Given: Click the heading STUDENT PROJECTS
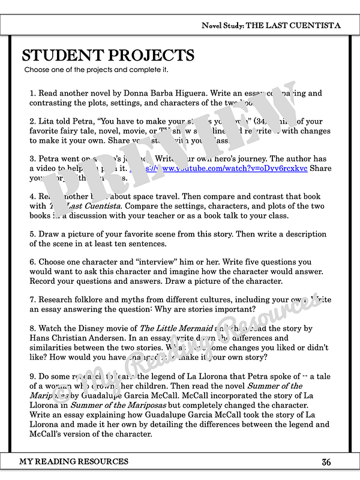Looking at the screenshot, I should click(x=108, y=56).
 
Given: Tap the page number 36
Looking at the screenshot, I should click(x=326, y=462).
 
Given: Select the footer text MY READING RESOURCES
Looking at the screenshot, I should click(x=74, y=461).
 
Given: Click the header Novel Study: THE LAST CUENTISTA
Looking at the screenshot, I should click(x=271, y=26).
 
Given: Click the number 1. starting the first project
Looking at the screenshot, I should click(x=33, y=93).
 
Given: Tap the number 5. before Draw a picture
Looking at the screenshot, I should click(x=33, y=233).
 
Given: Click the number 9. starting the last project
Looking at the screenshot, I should click(x=33, y=376).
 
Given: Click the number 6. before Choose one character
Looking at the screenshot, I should click(x=33, y=262).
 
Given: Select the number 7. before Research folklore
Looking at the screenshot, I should click(x=33, y=299).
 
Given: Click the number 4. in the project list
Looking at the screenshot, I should click(x=33, y=196).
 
